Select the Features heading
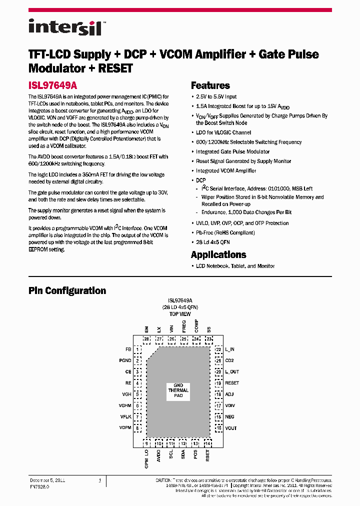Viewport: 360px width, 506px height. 210,85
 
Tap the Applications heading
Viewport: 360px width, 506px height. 218,254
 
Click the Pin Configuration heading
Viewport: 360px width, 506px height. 67,290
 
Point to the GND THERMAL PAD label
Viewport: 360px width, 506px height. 178,390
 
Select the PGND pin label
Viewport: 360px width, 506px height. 125,360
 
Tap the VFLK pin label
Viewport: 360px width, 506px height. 125,416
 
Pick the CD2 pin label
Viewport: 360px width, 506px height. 229,360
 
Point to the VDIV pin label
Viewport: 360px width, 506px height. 230,405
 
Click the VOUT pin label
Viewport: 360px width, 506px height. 231,428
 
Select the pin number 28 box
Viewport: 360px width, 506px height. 146,339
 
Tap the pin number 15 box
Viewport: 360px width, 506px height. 218,428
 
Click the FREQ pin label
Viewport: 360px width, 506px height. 184,326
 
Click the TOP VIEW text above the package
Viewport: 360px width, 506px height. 180,314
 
